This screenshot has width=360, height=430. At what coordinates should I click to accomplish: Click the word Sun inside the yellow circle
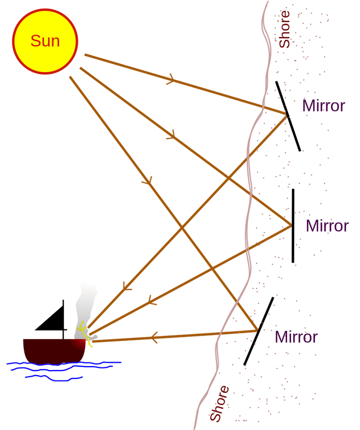(45, 40)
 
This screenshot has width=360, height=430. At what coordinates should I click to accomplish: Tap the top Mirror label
(323, 106)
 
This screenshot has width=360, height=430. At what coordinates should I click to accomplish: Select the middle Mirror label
(327, 226)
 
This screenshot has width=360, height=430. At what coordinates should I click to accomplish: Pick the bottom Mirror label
(296, 337)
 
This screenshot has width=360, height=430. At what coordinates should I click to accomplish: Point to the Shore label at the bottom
(219, 403)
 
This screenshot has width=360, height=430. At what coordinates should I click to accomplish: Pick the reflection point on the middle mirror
(291, 226)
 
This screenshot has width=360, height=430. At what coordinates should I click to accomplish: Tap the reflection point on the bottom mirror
(257, 330)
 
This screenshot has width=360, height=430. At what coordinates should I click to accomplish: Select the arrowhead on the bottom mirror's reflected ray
(153, 337)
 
